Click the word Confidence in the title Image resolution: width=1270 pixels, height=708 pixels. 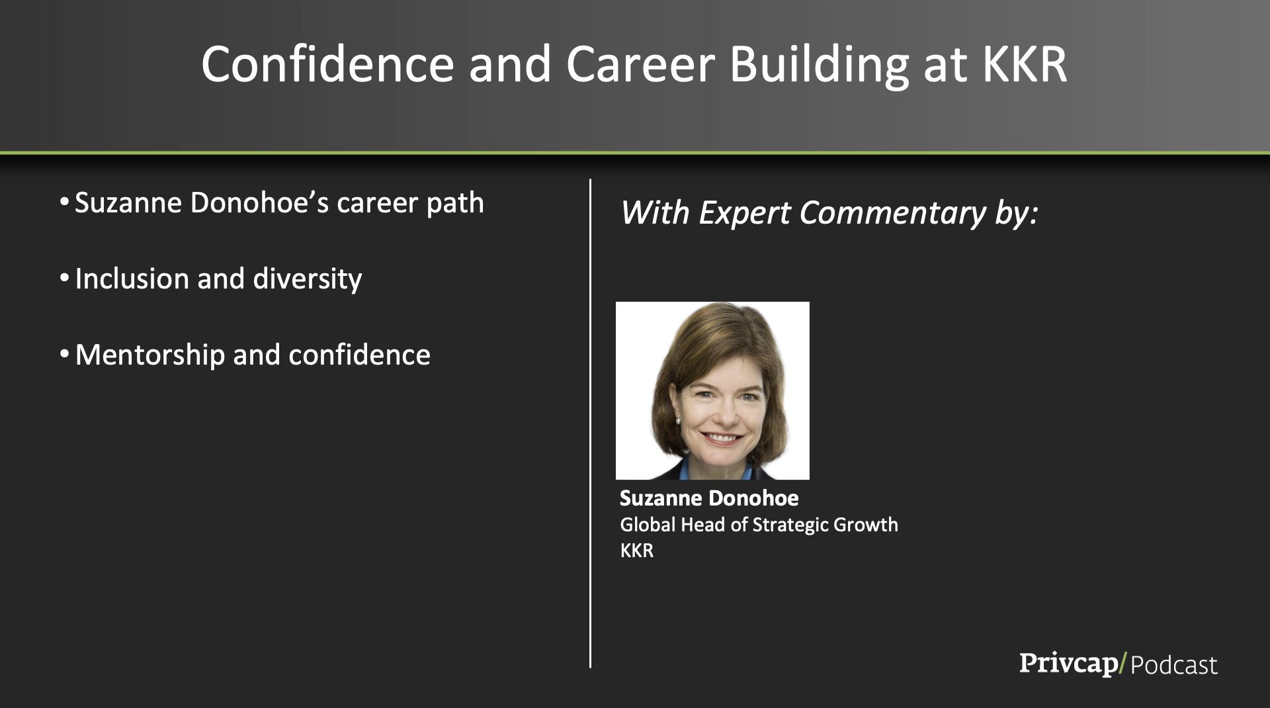(x=327, y=64)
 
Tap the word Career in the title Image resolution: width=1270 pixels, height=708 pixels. (x=640, y=64)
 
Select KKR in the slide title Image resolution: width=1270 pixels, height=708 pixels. (x=1025, y=64)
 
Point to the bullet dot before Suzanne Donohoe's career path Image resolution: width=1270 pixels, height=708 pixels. (x=64, y=201)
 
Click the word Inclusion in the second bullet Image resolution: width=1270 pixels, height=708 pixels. (x=132, y=279)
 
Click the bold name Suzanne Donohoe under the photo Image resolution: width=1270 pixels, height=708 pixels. (x=709, y=498)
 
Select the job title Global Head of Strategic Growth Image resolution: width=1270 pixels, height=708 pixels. (x=759, y=525)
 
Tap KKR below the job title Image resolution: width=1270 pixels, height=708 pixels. (x=636, y=551)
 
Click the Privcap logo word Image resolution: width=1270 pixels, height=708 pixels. (x=1069, y=664)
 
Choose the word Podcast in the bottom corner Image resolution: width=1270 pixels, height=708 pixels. (x=1174, y=665)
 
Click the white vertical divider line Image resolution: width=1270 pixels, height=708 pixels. (x=590, y=423)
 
